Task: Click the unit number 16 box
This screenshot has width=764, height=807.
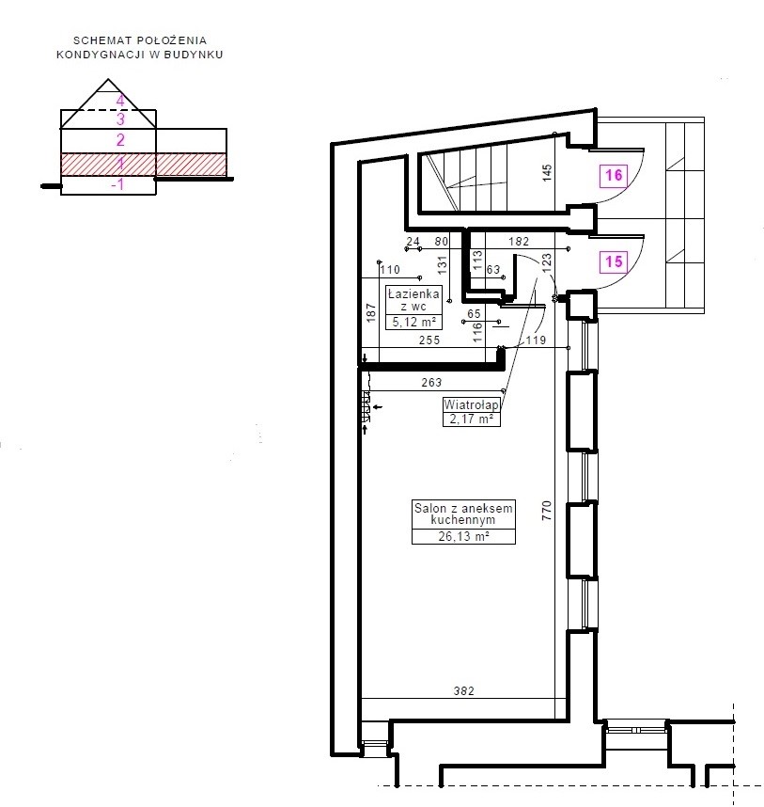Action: pyautogui.click(x=614, y=176)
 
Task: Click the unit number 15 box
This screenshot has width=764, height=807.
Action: pyautogui.click(x=614, y=262)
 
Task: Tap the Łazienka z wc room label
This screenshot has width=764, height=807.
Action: pyautogui.click(x=413, y=300)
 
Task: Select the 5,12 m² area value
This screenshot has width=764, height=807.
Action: pyautogui.click(x=413, y=323)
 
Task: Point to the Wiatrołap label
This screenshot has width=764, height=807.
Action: pyautogui.click(x=471, y=405)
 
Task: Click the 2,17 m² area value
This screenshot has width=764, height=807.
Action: pyautogui.click(x=471, y=419)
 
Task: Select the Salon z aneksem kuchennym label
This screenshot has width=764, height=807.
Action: pyautogui.click(x=463, y=514)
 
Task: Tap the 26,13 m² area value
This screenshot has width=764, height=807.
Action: pyautogui.click(x=463, y=536)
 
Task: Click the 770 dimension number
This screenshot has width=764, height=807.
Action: pyautogui.click(x=547, y=511)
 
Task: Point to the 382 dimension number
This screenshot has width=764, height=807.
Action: pyautogui.click(x=463, y=690)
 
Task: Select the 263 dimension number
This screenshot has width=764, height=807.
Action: pyautogui.click(x=431, y=383)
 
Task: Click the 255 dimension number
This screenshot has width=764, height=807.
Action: pyautogui.click(x=429, y=340)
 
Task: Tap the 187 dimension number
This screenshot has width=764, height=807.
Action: pyautogui.click(x=371, y=313)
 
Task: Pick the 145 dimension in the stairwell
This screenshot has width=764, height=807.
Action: pyautogui.click(x=547, y=172)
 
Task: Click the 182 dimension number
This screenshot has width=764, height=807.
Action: pyautogui.click(x=519, y=241)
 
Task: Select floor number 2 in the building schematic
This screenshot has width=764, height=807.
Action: pyautogui.click(x=120, y=140)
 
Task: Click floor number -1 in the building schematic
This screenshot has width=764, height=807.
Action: pyautogui.click(x=117, y=184)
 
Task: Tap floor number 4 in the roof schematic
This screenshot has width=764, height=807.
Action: pyautogui.click(x=120, y=101)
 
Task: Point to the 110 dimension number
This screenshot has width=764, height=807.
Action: pyautogui.click(x=390, y=270)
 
